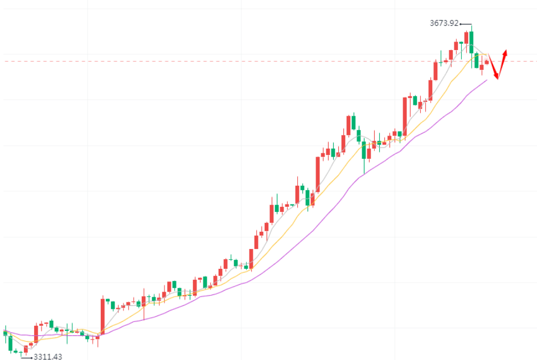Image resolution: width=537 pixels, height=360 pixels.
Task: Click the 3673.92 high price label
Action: (444, 23)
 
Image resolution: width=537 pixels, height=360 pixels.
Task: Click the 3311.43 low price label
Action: (48, 357)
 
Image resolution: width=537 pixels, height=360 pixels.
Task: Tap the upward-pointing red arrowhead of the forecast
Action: (505, 52)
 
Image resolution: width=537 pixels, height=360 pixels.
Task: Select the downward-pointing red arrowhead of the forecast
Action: (497, 77)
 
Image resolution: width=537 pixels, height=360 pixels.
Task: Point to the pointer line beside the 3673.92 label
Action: (465, 24)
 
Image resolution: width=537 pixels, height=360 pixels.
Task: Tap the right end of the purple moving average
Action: (487, 80)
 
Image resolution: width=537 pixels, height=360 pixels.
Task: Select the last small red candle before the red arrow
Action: (487, 62)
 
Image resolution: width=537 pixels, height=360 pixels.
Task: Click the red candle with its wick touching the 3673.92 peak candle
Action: (466, 38)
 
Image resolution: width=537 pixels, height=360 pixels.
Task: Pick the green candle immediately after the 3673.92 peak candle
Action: (477, 60)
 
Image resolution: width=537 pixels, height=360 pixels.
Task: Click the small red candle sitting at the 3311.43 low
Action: (26, 349)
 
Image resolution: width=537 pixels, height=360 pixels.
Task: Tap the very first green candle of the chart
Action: (6, 333)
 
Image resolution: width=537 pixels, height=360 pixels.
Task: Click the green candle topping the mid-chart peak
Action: (353, 122)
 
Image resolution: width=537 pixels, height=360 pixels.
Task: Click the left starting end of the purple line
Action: (5, 330)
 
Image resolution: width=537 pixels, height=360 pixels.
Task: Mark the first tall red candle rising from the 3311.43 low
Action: (36, 334)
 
